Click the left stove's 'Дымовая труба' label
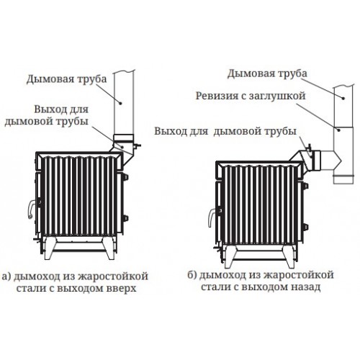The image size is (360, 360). (66, 79)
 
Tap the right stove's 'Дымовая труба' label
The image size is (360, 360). (267, 73)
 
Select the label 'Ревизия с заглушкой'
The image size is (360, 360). (251, 96)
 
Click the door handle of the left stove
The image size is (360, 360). (32, 209)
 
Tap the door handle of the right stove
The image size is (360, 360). (212, 217)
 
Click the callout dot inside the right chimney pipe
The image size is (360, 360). (343, 98)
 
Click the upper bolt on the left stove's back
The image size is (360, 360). (125, 177)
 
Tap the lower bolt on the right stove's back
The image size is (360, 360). (305, 227)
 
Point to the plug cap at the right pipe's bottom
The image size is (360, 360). (343, 179)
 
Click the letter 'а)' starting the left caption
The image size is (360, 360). (6, 276)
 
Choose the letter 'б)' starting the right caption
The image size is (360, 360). (192, 275)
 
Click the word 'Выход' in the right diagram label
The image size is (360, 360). (168, 131)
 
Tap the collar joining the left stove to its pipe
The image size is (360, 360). (123, 138)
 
